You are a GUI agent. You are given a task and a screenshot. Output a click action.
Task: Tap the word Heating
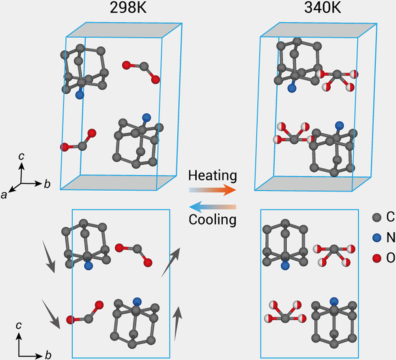tap(213, 175)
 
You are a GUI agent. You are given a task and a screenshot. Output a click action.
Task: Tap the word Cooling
tap(213, 219)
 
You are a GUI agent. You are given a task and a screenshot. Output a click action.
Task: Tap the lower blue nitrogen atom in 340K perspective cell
tap(339, 126)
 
